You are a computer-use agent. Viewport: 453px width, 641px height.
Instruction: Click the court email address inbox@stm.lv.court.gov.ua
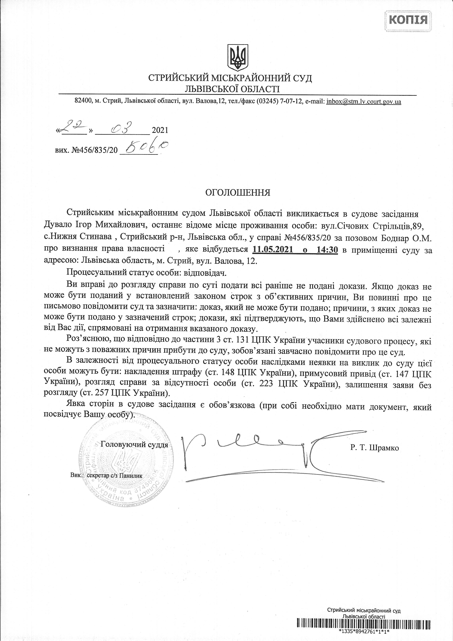coord(363,102)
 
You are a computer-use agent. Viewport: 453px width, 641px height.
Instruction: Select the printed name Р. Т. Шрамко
coord(375,447)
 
